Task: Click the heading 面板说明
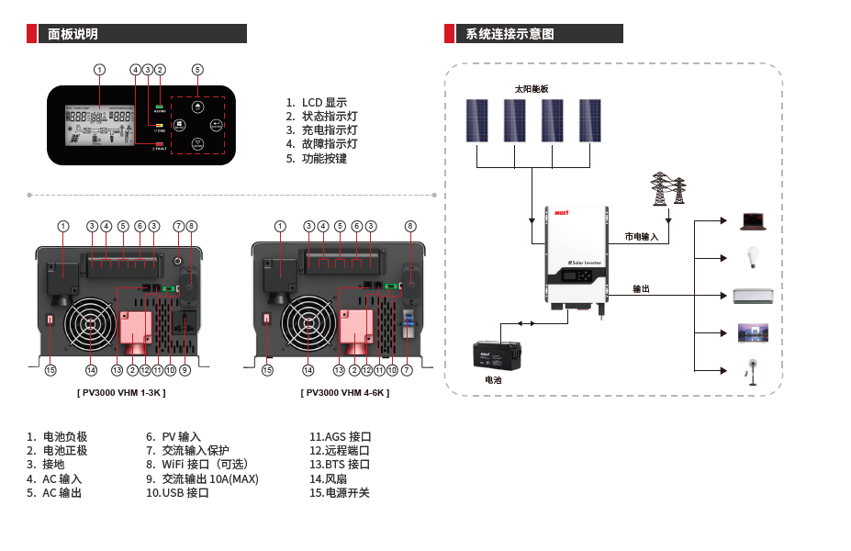tap(73, 34)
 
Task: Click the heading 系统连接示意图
tap(509, 34)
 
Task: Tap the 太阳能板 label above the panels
tap(531, 89)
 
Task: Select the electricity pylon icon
tap(668, 189)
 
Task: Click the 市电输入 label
tap(642, 236)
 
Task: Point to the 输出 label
tap(641, 288)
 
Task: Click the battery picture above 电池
tap(497, 354)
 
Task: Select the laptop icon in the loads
tap(754, 220)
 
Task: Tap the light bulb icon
tap(754, 256)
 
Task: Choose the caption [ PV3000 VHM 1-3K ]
tap(121, 393)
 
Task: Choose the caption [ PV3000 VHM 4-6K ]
tap(345, 393)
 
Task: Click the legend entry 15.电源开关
tap(340, 493)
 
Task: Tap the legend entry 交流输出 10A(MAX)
tap(210, 478)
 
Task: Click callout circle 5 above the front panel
tap(197, 69)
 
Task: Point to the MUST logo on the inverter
tap(562, 212)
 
